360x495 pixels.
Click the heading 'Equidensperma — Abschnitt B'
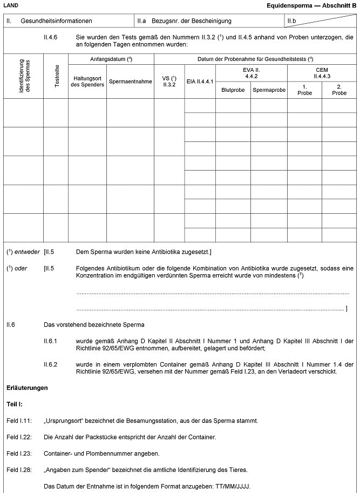tap(312, 5)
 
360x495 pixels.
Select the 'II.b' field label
tap(292, 21)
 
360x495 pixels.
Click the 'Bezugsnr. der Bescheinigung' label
tap(192, 21)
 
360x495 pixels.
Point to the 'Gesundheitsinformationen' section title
tap(56, 21)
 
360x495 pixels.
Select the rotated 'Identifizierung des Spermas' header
tap(24, 77)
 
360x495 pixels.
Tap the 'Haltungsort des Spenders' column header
tap(87, 82)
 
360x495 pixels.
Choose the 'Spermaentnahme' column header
tap(130, 82)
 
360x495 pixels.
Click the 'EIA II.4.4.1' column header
tap(200, 82)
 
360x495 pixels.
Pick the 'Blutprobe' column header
tap(233, 90)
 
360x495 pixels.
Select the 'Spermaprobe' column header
tap(269, 90)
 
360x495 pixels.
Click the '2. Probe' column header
tap(339, 90)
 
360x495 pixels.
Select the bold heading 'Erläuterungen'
tap(26, 388)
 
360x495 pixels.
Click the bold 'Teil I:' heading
tap(14, 404)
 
